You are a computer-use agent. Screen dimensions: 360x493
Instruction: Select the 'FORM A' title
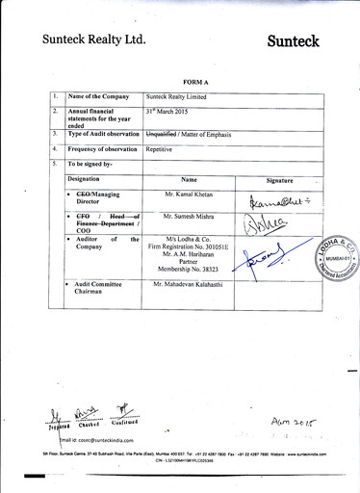183,84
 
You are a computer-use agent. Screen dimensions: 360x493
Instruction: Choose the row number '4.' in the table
56,149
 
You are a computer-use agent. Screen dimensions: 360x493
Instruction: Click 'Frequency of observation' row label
101,150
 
